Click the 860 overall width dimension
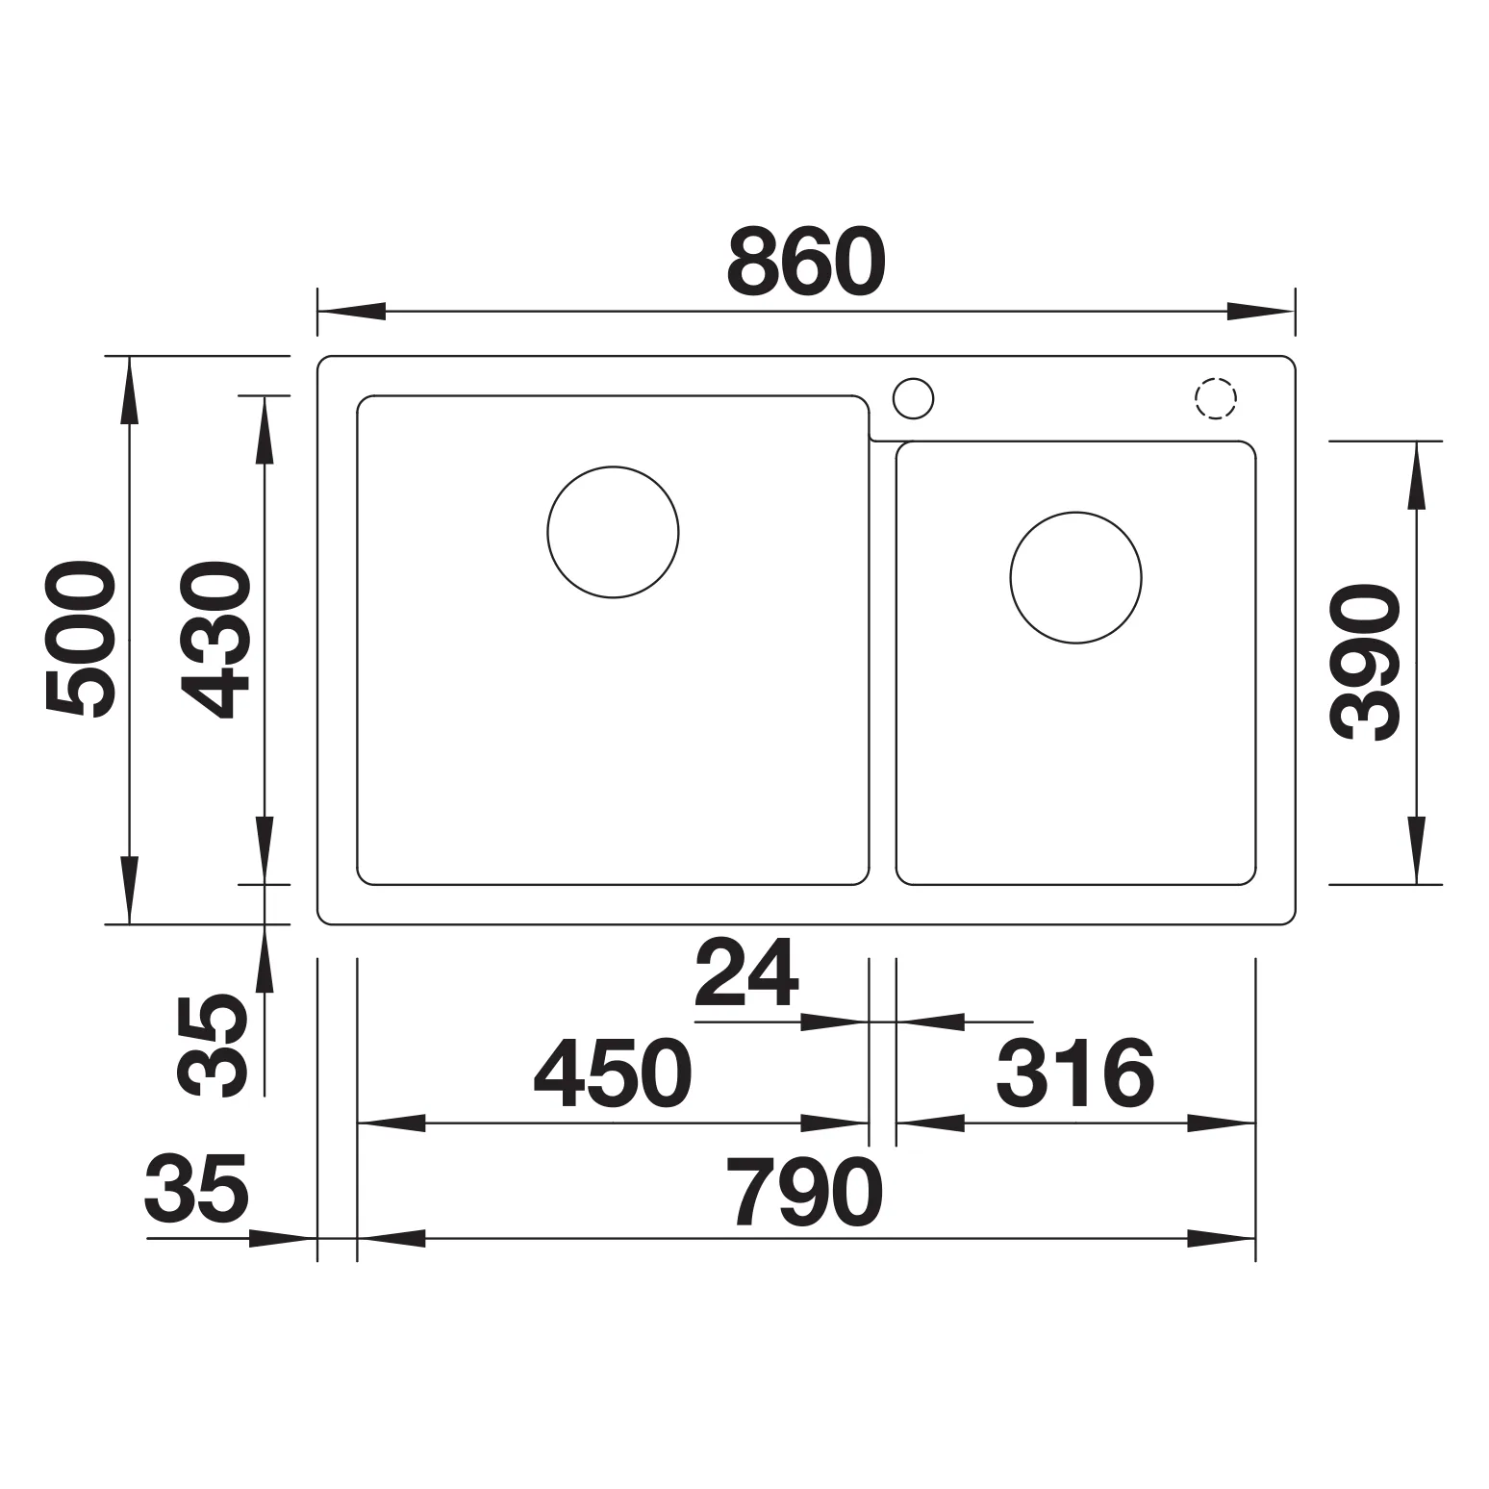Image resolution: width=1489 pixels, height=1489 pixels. point(806,262)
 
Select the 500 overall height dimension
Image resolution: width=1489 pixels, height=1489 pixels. point(80,640)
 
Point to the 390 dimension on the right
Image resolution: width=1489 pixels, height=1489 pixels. point(1363,664)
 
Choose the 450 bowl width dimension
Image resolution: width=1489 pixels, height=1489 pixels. point(613,1073)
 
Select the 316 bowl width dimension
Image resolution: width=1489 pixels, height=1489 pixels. point(1074,1073)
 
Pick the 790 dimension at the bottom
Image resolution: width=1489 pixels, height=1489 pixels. point(804,1191)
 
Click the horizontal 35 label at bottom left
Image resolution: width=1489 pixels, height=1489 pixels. point(197,1186)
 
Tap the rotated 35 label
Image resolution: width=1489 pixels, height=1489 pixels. point(214,1047)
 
